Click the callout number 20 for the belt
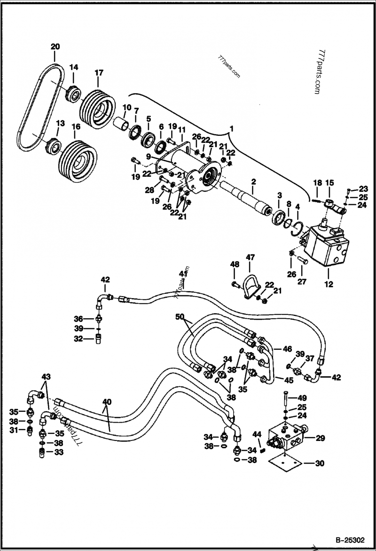point(55,47)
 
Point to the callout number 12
point(329,284)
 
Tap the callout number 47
point(250,258)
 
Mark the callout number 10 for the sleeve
point(127,107)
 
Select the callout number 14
point(74,67)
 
